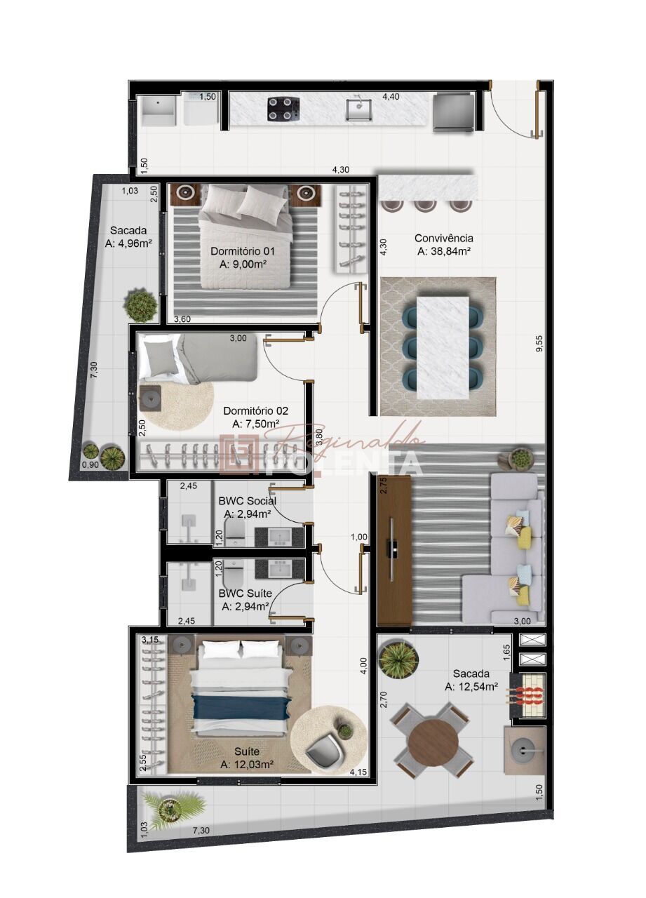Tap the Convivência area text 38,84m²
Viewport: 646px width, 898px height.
coord(443,250)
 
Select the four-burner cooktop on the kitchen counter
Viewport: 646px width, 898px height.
coord(283,109)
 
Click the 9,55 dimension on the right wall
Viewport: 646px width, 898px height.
coord(539,344)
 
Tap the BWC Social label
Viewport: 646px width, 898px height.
coord(247,501)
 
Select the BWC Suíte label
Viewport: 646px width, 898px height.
coord(245,594)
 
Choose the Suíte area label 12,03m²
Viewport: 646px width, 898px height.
coord(246,764)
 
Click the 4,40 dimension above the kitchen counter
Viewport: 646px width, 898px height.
coord(391,97)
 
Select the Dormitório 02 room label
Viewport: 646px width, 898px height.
coord(255,411)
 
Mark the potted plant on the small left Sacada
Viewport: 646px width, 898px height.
coord(142,306)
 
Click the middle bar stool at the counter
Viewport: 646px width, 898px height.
coord(425,205)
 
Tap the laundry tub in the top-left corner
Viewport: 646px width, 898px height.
coord(159,112)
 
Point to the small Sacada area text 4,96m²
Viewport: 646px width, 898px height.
coord(128,243)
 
